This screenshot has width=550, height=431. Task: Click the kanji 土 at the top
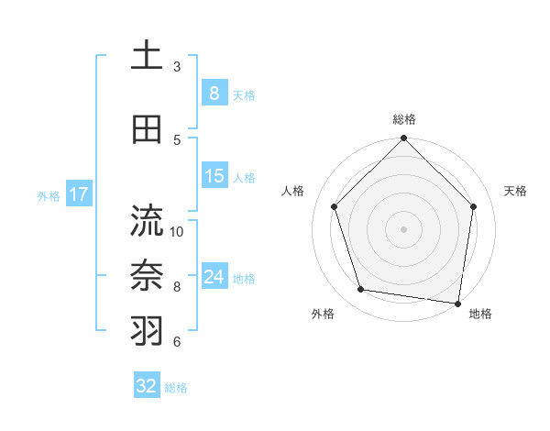click(x=148, y=55)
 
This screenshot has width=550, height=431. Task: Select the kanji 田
click(x=148, y=129)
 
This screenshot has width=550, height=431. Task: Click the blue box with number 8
click(x=214, y=94)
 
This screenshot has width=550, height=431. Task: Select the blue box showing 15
click(x=214, y=176)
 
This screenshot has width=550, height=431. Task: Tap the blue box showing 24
click(x=214, y=277)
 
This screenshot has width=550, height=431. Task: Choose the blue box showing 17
click(x=78, y=194)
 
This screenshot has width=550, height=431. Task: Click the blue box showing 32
click(x=147, y=386)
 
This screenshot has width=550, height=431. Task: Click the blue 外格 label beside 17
click(x=49, y=195)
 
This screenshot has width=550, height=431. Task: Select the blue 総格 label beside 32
click(x=177, y=388)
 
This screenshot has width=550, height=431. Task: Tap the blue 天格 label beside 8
click(x=244, y=95)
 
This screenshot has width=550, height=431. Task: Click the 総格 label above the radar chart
click(x=403, y=120)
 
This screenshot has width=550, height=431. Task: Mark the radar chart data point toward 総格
click(x=403, y=139)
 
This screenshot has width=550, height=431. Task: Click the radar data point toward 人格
click(x=335, y=206)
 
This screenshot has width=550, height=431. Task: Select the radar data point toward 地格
click(x=458, y=303)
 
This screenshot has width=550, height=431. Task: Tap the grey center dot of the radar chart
click(x=403, y=228)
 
